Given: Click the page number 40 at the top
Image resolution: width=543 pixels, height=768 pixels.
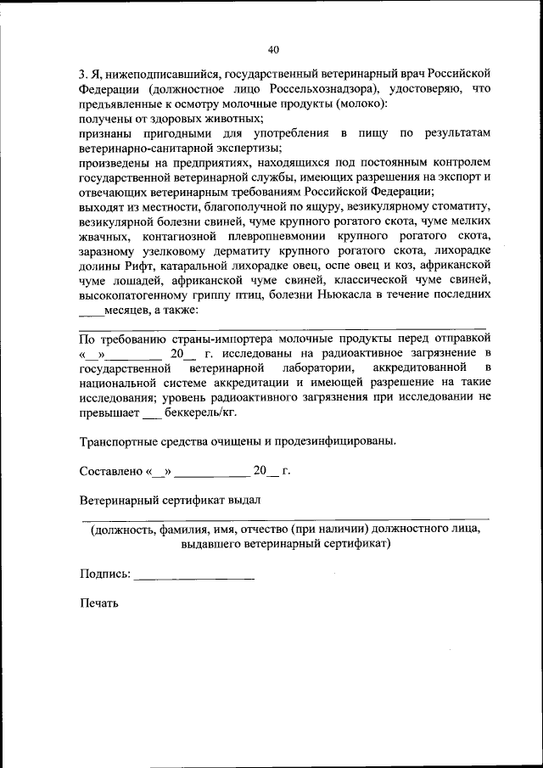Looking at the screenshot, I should pos(272,48).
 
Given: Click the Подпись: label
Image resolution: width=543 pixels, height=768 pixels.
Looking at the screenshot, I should pos(105,575).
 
